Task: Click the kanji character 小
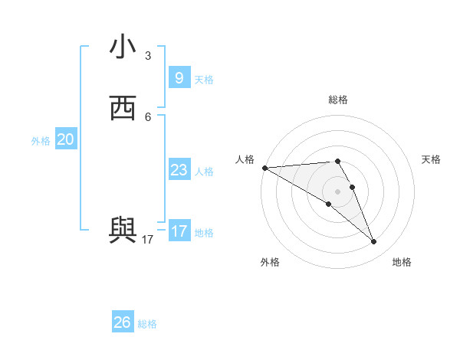point(123,47)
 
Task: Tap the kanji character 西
point(123,109)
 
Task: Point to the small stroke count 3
point(148,56)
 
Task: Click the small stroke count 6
point(148,117)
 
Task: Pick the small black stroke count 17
point(148,240)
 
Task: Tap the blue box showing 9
point(179,77)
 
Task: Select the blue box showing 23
point(179,170)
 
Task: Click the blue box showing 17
point(179,231)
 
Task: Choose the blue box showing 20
point(65,139)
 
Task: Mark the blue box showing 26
point(122,322)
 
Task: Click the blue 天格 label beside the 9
point(204,80)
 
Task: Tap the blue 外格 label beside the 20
point(41,142)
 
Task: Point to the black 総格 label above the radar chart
point(338,100)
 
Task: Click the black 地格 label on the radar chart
point(402,263)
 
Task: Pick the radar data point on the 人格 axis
point(264,168)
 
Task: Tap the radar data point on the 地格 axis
point(373,242)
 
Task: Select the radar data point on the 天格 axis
point(352,187)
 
